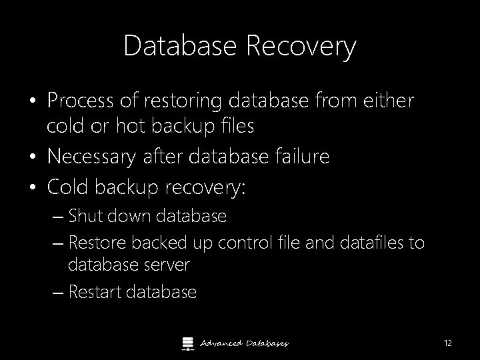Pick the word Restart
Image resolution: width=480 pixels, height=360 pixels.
click(95, 292)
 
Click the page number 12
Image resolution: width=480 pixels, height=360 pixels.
click(447, 343)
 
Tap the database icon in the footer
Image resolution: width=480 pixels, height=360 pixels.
click(187, 343)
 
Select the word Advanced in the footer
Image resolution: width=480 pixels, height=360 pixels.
click(221, 343)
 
